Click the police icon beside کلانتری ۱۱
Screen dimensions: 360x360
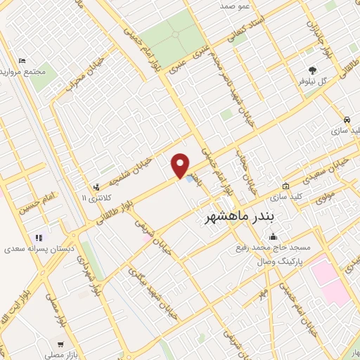(96, 187)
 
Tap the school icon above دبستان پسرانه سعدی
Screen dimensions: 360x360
(39, 238)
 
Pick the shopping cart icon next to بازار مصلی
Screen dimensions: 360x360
(61, 345)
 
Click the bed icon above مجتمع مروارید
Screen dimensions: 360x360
(22, 61)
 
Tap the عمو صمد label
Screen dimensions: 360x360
(236, 6)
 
